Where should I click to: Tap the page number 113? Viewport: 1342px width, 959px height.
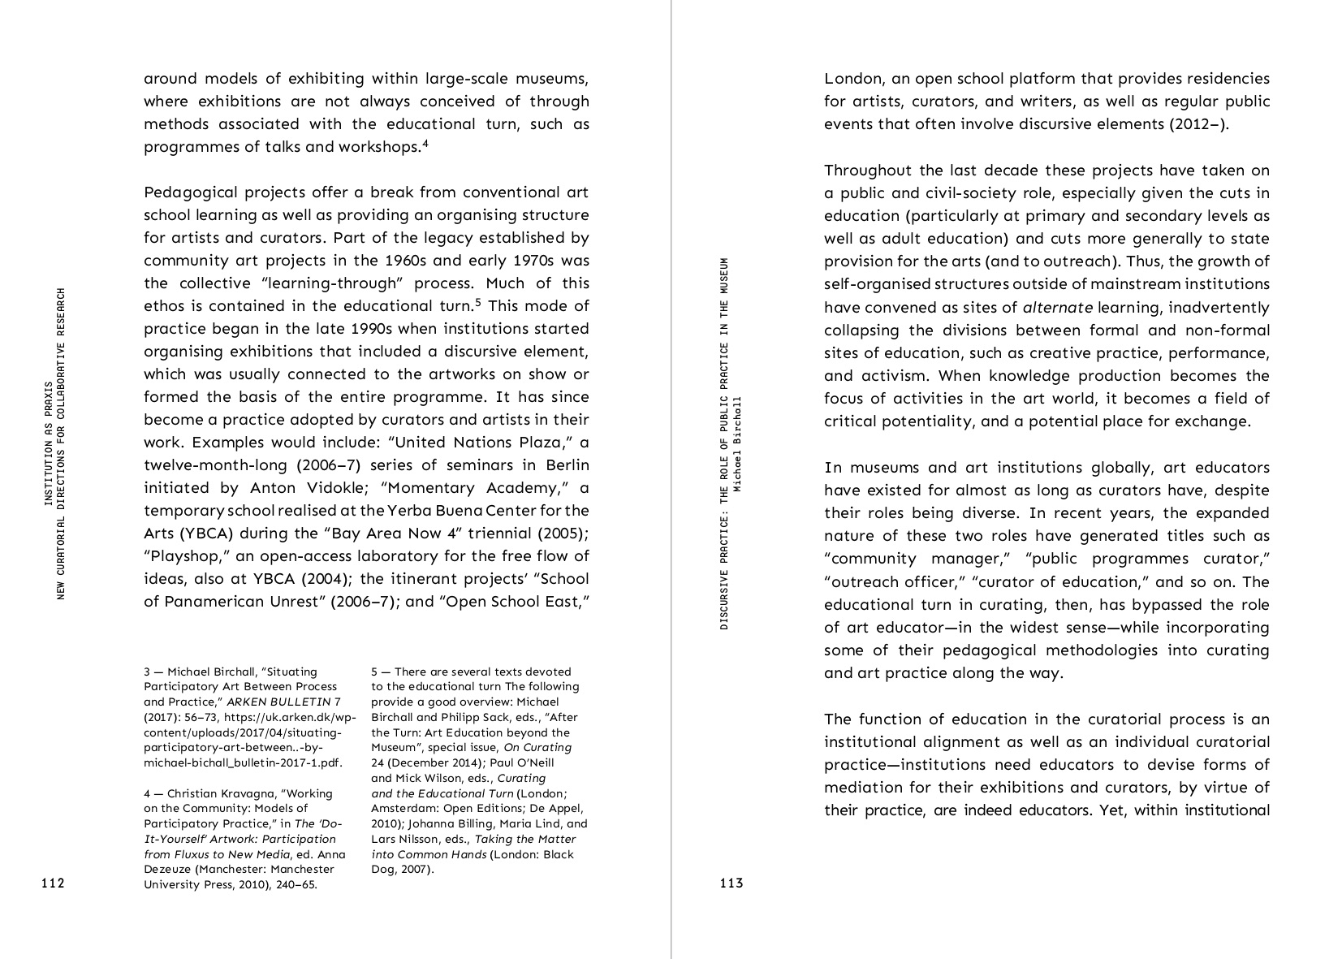[x=731, y=883]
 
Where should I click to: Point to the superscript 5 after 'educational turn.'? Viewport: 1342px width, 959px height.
[x=479, y=303]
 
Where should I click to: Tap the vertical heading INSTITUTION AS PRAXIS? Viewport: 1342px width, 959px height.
[x=48, y=443]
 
